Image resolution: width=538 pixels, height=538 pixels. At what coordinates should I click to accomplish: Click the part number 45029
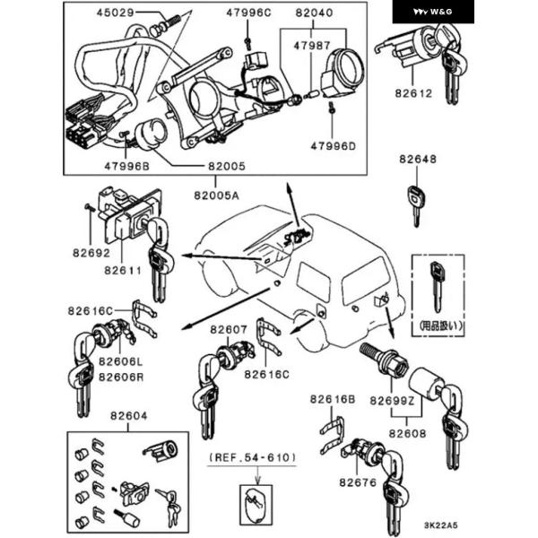[116, 13]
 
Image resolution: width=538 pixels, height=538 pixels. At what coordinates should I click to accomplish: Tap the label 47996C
[246, 13]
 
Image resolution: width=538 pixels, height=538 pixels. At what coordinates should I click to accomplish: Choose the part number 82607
[229, 329]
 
